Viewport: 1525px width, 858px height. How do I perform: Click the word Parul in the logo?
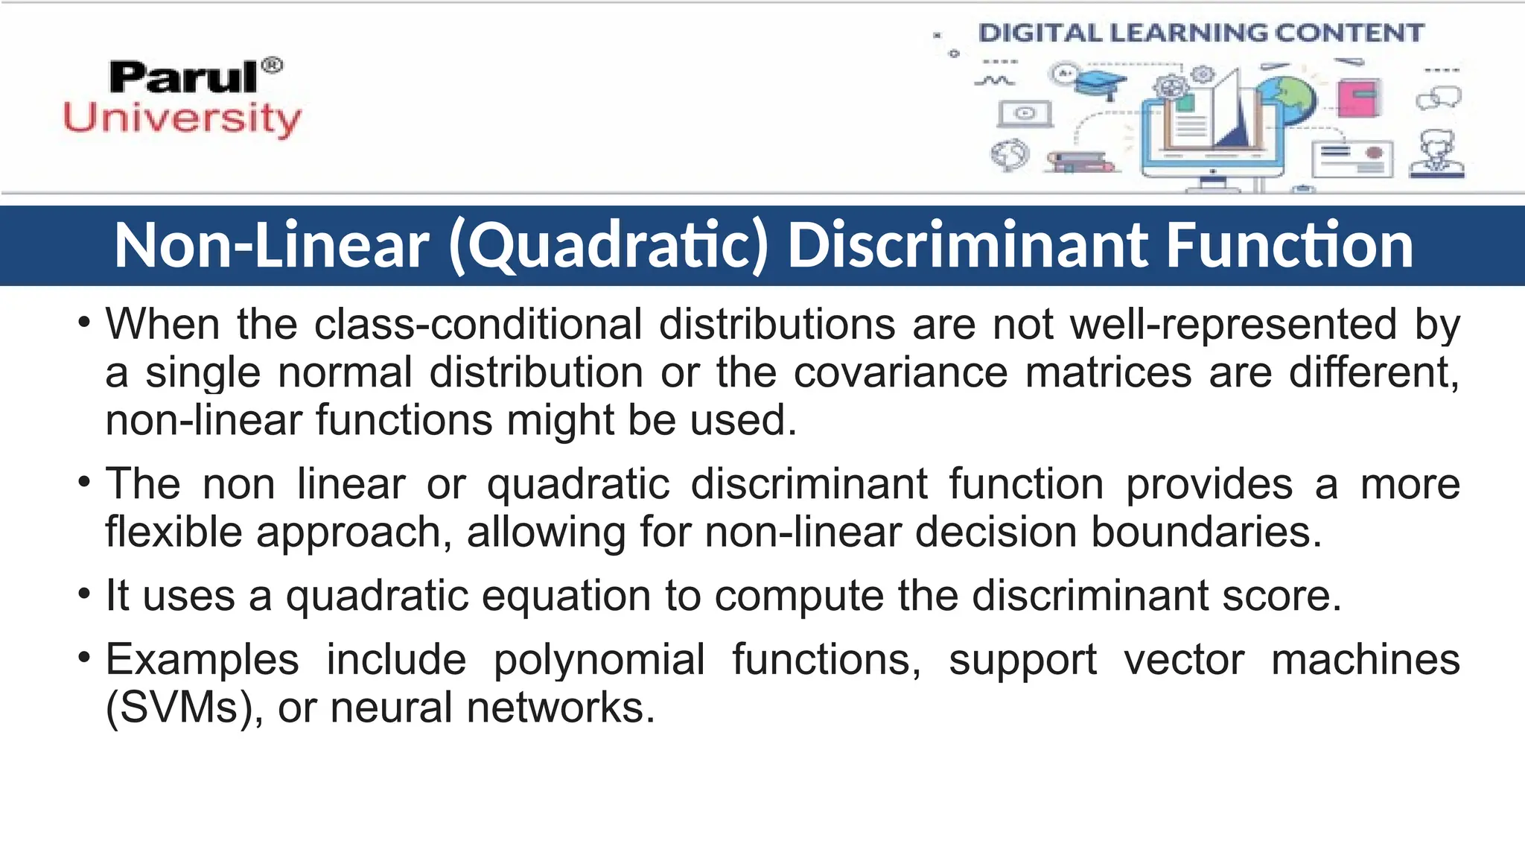point(183,77)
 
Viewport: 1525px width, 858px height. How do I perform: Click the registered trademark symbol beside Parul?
point(273,66)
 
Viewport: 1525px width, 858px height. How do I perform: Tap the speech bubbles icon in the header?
point(1439,98)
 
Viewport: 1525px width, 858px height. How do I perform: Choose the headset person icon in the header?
point(1437,154)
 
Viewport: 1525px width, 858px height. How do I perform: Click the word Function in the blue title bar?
point(1289,246)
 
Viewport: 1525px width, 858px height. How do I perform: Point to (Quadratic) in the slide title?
point(608,246)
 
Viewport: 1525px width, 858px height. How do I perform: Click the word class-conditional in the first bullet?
point(478,325)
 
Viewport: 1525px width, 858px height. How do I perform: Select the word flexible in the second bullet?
point(173,532)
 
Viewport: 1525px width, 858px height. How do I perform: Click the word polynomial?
point(599,660)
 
